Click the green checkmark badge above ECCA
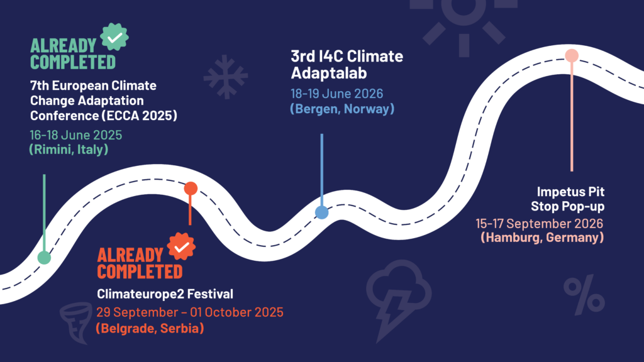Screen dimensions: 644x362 (x=114, y=37)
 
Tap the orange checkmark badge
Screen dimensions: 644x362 (x=182, y=246)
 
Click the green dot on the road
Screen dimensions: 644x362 (x=45, y=258)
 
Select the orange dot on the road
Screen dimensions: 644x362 (x=191, y=189)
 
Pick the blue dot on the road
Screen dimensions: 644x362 (x=322, y=212)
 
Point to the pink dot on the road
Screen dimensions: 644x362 (x=572, y=55)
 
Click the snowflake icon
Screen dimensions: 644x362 (x=226, y=77)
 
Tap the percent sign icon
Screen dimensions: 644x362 (x=584, y=295)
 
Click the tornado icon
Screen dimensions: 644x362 (x=76, y=323)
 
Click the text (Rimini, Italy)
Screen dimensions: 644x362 (x=69, y=150)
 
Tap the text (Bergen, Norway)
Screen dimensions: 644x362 (x=342, y=109)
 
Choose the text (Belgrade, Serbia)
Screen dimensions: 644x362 (x=150, y=328)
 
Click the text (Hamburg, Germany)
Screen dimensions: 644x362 (x=542, y=237)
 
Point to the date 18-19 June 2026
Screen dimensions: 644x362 (x=337, y=94)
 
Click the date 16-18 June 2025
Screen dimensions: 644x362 (x=76, y=135)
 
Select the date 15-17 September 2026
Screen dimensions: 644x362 (x=539, y=223)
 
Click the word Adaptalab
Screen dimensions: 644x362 (x=329, y=73)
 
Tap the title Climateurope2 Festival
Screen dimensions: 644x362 (x=165, y=294)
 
